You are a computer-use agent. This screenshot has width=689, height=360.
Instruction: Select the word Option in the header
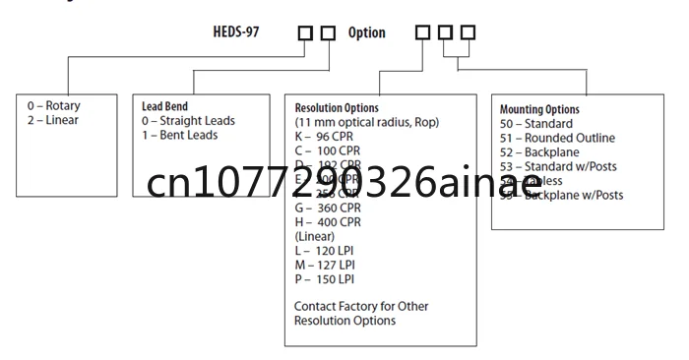(366, 33)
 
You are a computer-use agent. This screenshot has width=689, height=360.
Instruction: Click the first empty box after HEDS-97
(305, 33)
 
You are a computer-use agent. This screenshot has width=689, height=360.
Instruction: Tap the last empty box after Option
(468, 33)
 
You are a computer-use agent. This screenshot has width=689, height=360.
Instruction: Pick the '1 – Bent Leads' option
(180, 135)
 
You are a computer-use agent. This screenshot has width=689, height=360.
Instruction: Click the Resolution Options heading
(337, 107)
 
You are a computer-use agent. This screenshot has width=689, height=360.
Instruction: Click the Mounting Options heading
(539, 109)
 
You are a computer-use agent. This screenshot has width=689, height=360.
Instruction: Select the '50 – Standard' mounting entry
(536, 124)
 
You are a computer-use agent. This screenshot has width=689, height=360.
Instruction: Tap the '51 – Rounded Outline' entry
(556, 138)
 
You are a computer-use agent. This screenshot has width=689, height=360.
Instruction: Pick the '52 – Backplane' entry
(539, 152)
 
